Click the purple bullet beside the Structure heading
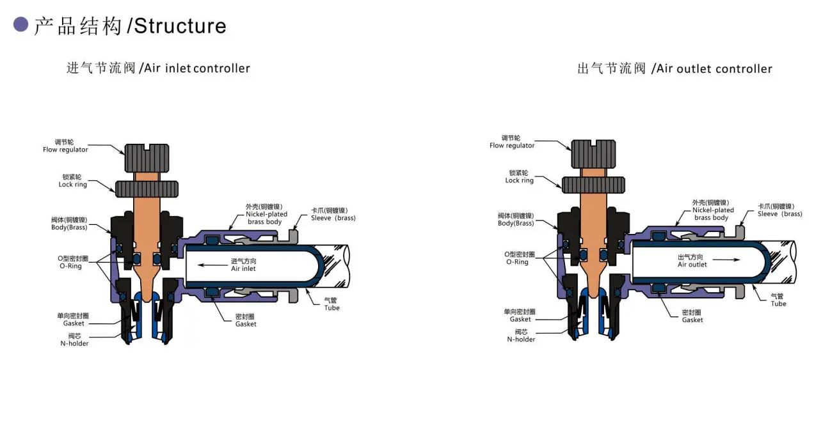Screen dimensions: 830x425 pos(20,24)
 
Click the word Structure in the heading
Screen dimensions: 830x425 pos(180,26)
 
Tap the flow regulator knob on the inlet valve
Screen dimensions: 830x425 pos(147,158)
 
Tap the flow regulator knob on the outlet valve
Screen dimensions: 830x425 pos(593,154)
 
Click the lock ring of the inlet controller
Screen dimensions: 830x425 pos(147,189)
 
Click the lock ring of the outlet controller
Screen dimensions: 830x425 pos(593,185)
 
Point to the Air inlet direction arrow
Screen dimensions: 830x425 pos(212,265)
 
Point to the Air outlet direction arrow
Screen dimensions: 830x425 pos(726,260)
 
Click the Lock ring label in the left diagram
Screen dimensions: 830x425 pos(72,184)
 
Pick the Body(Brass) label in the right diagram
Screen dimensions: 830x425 pos(516,223)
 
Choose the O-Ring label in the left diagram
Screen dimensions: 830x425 pos(70,266)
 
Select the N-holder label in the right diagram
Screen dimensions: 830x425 pos(521,339)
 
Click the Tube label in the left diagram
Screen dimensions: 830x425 pos(331,307)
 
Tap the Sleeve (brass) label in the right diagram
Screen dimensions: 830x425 pos(779,214)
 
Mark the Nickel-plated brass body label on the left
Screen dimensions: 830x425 pos(266,218)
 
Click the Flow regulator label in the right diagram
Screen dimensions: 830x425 pos(512,146)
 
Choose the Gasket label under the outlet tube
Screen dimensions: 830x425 pos(692,320)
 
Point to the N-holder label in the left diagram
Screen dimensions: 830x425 pos(74,343)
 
